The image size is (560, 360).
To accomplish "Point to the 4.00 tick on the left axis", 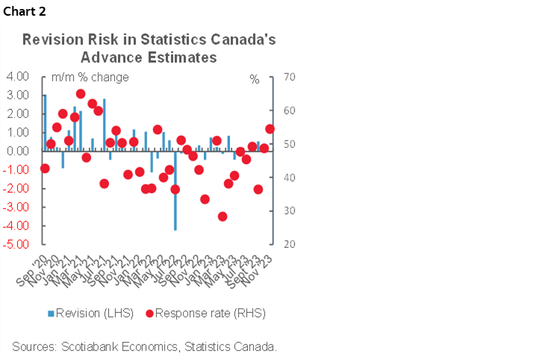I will point(17,77).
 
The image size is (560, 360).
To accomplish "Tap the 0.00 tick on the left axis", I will point(17,152).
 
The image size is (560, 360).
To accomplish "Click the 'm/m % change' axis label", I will point(90,78).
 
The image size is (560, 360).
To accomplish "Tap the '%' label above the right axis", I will point(255,78).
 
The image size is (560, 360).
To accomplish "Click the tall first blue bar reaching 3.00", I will point(45,122).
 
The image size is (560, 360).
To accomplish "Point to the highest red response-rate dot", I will point(81,94).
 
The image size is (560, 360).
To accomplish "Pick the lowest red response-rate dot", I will point(222,217).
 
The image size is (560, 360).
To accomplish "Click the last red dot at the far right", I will point(270,129).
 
